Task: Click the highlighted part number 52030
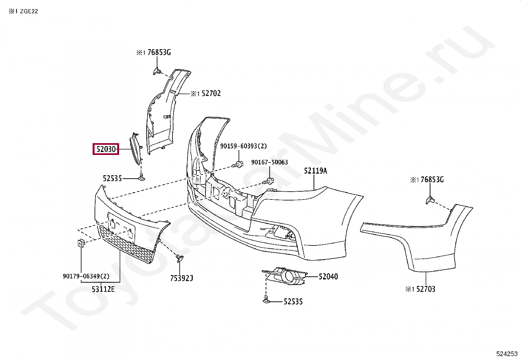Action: [106, 149]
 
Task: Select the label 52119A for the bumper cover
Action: [315, 171]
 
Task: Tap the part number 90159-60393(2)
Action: [243, 146]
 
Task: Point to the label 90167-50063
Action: [269, 162]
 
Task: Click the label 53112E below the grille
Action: [103, 289]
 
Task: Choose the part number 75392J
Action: [182, 278]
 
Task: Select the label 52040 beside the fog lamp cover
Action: [328, 276]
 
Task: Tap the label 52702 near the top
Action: [211, 93]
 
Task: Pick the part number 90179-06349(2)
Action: [86, 276]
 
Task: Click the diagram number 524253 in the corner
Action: [507, 354]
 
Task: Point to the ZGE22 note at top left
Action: [29, 11]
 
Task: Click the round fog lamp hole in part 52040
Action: [289, 276]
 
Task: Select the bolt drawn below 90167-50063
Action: [269, 180]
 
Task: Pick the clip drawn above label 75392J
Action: [179, 258]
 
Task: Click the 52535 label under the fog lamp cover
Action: [293, 301]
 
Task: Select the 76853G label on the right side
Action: [432, 180]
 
